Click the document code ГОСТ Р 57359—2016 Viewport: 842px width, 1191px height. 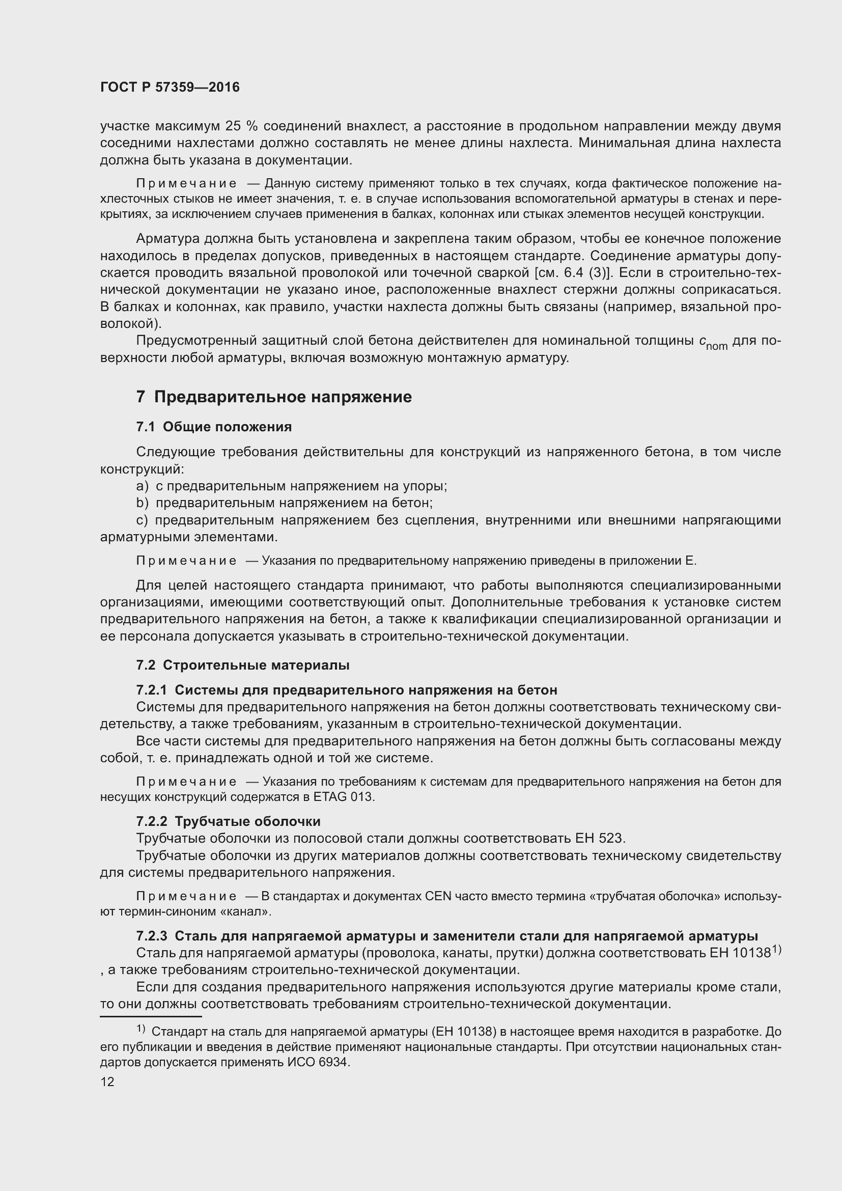click(x=170, y=87)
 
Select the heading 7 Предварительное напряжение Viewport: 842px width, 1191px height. click(x=274, y=397)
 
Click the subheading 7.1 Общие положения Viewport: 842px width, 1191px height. click(x=214, y=426)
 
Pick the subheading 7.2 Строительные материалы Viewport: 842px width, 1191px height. click(x=243, y=665)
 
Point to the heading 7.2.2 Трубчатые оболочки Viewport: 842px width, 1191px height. click(x=228, y=821)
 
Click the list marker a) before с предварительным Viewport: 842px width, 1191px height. click(x=142, y=486)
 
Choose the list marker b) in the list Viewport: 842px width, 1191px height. click(x=142, y=503)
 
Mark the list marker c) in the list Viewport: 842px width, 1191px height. click(x=142, y=520)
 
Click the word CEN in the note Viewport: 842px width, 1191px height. click(x=439, y=896)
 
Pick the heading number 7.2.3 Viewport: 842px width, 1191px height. click(x=151, y=936)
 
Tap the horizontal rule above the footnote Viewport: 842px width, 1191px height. click(x=150, y=1017)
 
